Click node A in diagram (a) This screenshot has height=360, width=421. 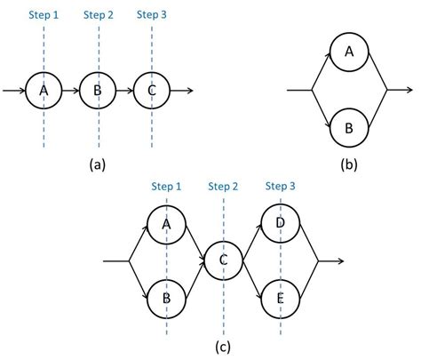43,90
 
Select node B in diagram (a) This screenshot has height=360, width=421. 98,90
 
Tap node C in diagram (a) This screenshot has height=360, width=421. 152,90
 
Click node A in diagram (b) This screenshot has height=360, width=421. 349,52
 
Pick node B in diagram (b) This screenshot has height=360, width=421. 349,127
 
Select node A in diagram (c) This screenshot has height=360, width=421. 166,224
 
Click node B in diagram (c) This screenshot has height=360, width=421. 166,299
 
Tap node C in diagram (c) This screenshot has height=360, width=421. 224,260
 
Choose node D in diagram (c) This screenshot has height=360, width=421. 282,224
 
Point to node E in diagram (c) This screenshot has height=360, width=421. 282,299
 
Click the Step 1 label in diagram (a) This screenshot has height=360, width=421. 43,15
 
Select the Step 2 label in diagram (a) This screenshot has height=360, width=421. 98,15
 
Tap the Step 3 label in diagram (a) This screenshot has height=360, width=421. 153,15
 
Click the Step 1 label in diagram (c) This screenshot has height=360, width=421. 166,186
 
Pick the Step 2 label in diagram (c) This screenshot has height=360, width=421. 224,186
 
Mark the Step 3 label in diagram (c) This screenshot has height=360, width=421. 282,186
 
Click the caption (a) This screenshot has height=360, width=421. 98,164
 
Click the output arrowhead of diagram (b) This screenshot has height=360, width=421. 409,90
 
